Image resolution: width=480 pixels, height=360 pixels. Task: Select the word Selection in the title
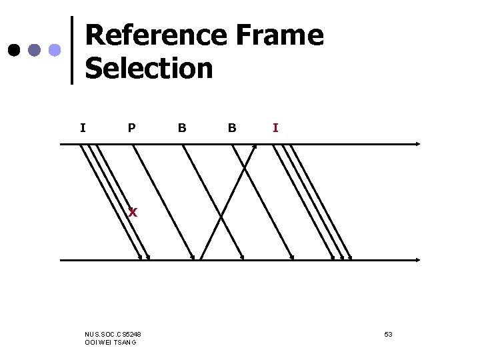[x=149, y=68]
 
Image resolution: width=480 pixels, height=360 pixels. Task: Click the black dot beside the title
[x=13, y=51]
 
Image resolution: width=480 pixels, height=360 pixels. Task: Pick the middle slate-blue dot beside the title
[x=34, y=51]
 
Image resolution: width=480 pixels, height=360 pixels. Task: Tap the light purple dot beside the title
[x=55, y=51]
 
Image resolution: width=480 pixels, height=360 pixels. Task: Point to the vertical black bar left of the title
[x=72, y=50]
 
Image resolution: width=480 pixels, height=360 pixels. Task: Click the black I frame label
[x=82, y=127]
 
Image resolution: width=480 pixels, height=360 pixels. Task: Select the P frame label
[x=132, y=127]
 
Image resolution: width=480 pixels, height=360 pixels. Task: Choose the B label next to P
[x=182, y=127]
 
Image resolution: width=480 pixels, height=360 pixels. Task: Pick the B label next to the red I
[x=231, y=127]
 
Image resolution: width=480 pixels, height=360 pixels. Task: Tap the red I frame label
[x=275, y=127]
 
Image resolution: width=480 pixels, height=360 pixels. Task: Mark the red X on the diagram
[x=133, y=213]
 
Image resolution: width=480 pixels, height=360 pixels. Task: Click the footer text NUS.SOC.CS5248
[x=113, y=333]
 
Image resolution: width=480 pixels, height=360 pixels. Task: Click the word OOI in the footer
[x=91, y=342]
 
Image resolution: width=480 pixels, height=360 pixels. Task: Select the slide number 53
[x=388, y=333]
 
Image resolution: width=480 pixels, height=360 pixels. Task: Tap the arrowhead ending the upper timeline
[x=417, y=143]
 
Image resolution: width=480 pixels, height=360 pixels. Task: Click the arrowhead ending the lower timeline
[x=417, y=259]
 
